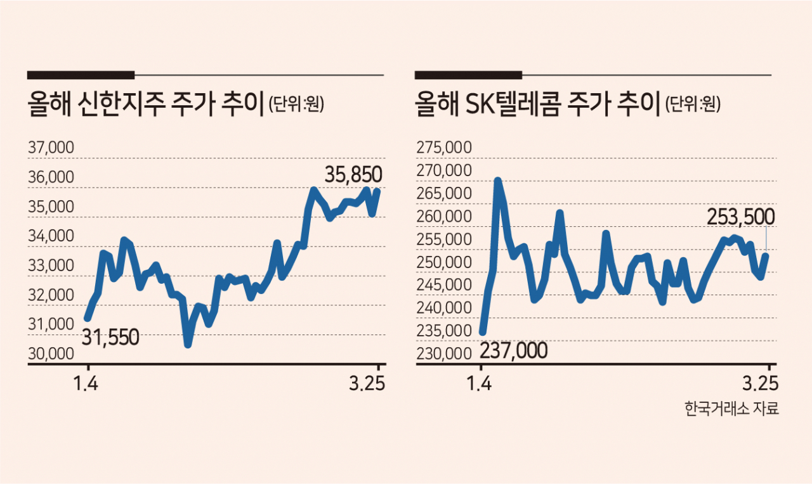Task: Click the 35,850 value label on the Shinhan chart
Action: pyautogui.click(x=354, y=174)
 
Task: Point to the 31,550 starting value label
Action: pyautogui.click(x=110, y=338)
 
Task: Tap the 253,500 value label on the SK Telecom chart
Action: pyautogui.click(x=740, y=217)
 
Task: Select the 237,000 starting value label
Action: pyautogui.click(x=514, y=350)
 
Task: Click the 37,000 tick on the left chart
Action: pyautogui.click(x=51, y=148)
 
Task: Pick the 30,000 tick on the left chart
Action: pyautogui.click(x=51, y=354)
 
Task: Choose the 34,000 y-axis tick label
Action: pyautogui.click(x=51, y=236)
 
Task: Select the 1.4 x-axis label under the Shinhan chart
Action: pyautogui.click(x=88, y=384)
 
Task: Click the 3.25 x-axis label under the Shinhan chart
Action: pyautogui.click(x=369, y=384)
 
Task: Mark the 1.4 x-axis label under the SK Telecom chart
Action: pyautogui.click(x=481, y=384)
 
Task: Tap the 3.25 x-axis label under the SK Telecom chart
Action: pyautogui.click(x=760, y=384)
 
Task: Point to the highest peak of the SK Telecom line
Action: pyautogui.click(x=497, y=181)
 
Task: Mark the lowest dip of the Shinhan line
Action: pyautogui.click(x=188, y=343)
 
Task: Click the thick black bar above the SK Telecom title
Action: pyautogui.click(x=468, y=75)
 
